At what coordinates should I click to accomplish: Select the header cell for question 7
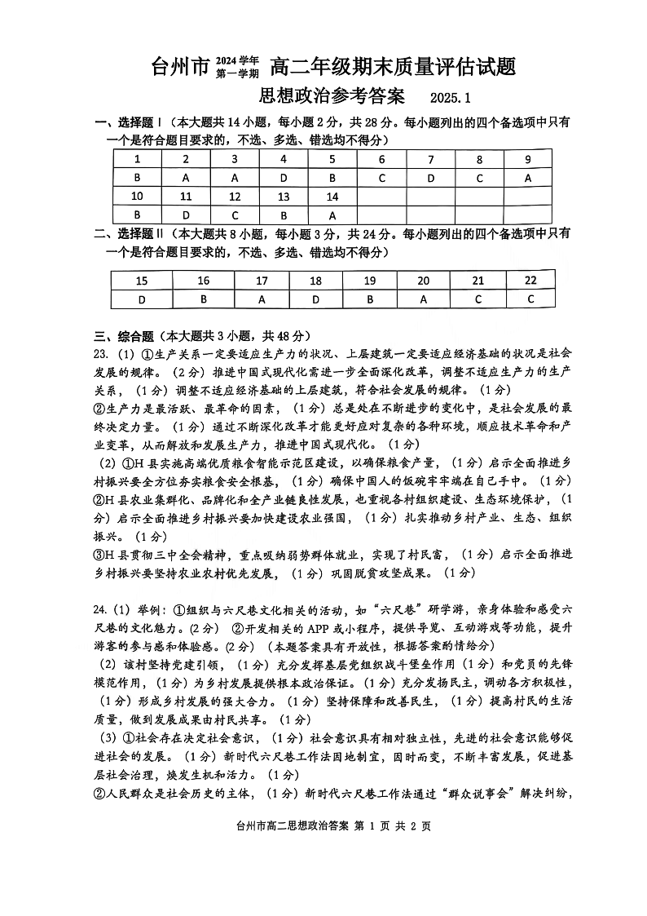click(x=431, y=160)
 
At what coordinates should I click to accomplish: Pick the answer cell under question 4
click(x=283, y=178)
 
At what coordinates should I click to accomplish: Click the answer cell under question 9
click(x=528, y=178)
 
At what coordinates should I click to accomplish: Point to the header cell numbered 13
click(x=283, y=197)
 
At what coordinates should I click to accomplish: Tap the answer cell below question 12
click(x=235, y=215)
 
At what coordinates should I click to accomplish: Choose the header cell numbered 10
click(x=137, y=197)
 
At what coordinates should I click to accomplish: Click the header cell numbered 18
click(x=315, y=281)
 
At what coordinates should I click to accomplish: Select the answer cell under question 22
click(x=530, y=299)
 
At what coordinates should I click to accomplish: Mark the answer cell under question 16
click(x=204, y=299)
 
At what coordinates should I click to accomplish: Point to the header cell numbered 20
click(x=423, y=281)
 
